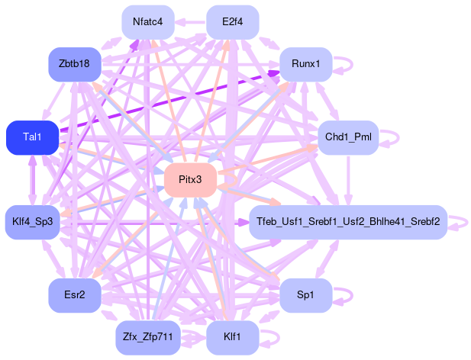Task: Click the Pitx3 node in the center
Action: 190,180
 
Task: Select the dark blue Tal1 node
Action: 32,137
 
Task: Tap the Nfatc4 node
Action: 148,21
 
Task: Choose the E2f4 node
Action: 232,21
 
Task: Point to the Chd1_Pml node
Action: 347,137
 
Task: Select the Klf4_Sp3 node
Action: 32,222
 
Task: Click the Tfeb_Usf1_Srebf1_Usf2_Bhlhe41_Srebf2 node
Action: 348,222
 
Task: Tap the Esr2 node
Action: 74,295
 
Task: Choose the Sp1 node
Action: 305,295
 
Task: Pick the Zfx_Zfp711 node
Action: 148,337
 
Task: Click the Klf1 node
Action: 232,337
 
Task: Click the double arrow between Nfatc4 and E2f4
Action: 190,21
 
